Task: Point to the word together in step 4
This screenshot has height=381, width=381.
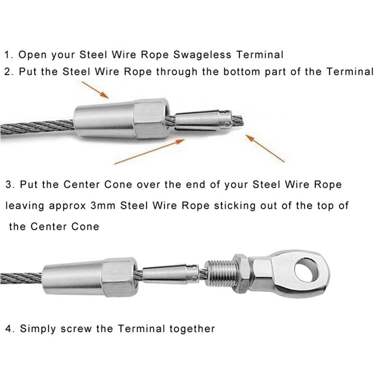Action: tap(193, 328)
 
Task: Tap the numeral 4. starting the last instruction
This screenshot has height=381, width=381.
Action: tap(10, 328)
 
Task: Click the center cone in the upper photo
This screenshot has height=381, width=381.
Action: tap(202, 119)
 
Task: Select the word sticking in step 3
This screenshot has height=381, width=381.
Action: tap(234, 206)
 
